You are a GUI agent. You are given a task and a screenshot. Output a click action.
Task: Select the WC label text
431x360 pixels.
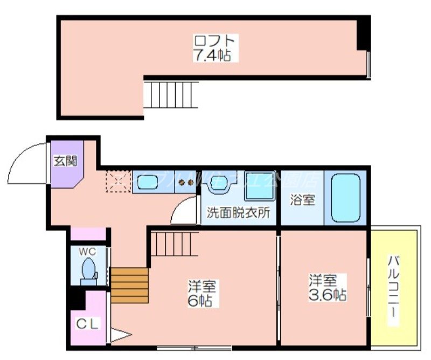pos(88,252)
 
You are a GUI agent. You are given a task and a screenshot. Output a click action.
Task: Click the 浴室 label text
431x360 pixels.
pos(302,199)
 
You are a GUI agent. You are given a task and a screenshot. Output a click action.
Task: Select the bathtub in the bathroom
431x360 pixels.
pos(345,197)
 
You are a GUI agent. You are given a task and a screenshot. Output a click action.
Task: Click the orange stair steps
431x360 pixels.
pos(129,286)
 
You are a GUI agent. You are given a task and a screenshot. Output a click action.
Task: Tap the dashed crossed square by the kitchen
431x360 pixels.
pos(118,181)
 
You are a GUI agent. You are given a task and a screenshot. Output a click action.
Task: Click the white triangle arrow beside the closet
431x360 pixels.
pos(120,337)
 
